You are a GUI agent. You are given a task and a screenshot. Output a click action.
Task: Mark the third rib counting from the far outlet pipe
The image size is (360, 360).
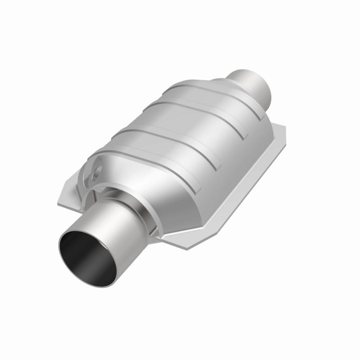tap(166, 130)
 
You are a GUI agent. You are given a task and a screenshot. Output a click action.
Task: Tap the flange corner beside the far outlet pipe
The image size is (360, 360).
tap(279, 130)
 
